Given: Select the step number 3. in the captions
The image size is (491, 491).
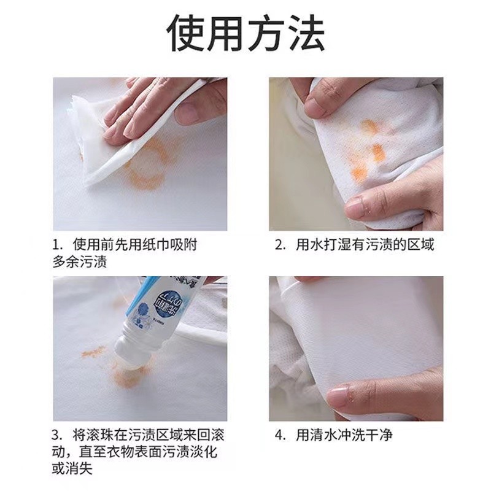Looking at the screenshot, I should click(x=58, y=436).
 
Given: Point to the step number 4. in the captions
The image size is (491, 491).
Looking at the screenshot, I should click(x=280, y=436).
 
